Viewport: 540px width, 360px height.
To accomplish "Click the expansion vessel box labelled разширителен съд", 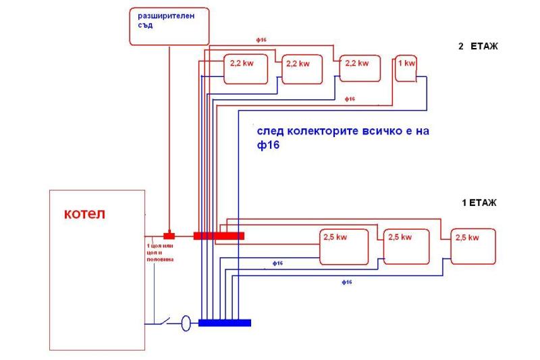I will tap(168, 27).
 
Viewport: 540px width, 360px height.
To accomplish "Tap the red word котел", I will tap(85, 215).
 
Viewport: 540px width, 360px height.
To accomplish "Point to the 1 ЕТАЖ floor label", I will tap(479, 202).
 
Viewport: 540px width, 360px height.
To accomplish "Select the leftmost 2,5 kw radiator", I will tap(344, 247).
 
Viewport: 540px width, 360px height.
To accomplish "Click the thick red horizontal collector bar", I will tap(219, 236).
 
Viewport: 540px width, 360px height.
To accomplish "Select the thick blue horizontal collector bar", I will tap(225, 323).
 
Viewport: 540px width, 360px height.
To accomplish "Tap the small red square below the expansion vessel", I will tap(169, 236).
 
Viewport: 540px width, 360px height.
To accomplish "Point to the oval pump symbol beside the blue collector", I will tap(186, 324).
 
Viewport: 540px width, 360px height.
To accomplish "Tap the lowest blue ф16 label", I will tap(346, 282).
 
